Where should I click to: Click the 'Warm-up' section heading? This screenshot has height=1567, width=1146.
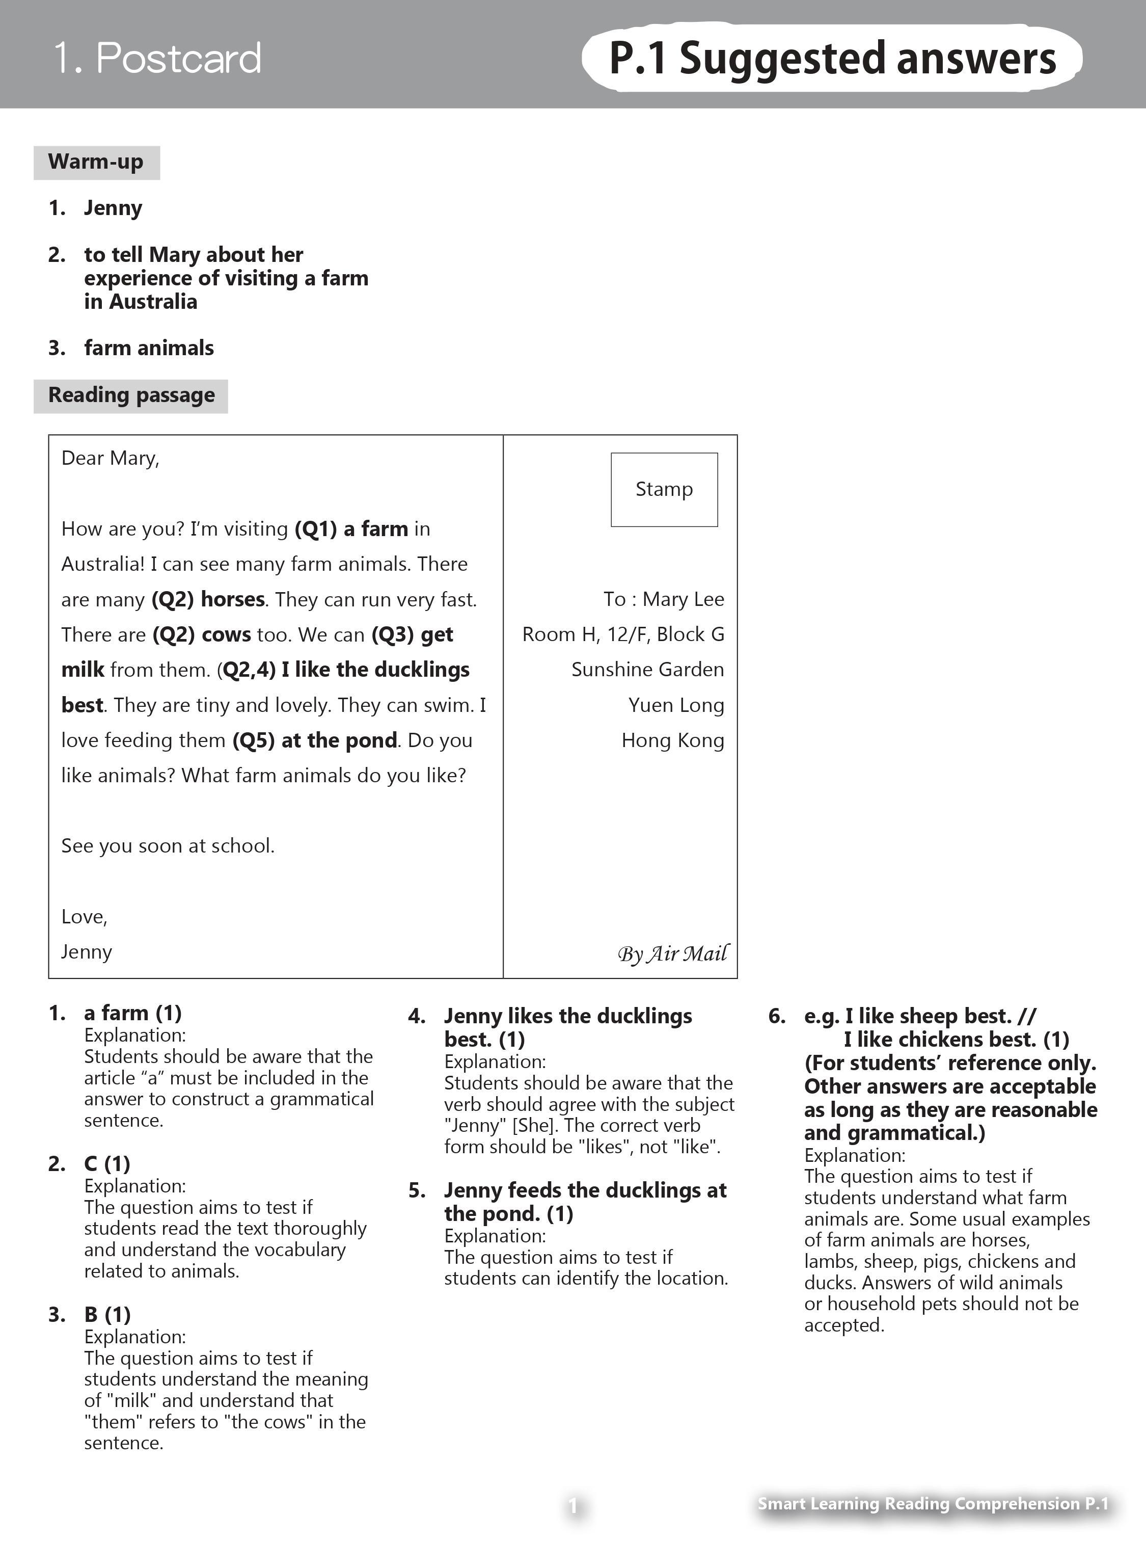(96, 163)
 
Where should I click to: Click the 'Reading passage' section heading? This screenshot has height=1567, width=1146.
(131, 395)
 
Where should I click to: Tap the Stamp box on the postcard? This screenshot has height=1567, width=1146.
(664, 489)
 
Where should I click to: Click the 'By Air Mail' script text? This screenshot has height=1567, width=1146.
(672, 953)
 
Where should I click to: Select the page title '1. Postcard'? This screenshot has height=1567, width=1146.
(157, 58)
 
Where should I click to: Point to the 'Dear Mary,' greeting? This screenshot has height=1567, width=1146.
(111, 458)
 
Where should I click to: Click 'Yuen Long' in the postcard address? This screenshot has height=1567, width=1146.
(676, 705)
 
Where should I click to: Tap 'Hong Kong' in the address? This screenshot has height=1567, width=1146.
(672, 740)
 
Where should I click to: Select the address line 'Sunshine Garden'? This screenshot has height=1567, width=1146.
(647, 670)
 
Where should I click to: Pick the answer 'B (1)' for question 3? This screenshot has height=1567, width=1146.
(107, 1314)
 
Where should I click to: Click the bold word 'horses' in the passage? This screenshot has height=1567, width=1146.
(232, 599)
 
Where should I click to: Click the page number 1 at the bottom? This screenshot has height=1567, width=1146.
(573, 1505)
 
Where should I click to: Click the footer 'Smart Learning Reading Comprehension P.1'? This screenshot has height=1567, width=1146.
(933, 1504)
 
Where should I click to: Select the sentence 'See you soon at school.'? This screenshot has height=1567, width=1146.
(168, 846)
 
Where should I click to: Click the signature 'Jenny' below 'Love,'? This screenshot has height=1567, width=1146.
(86, 951)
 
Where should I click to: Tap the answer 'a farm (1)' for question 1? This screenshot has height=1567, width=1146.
(132, 1013)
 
